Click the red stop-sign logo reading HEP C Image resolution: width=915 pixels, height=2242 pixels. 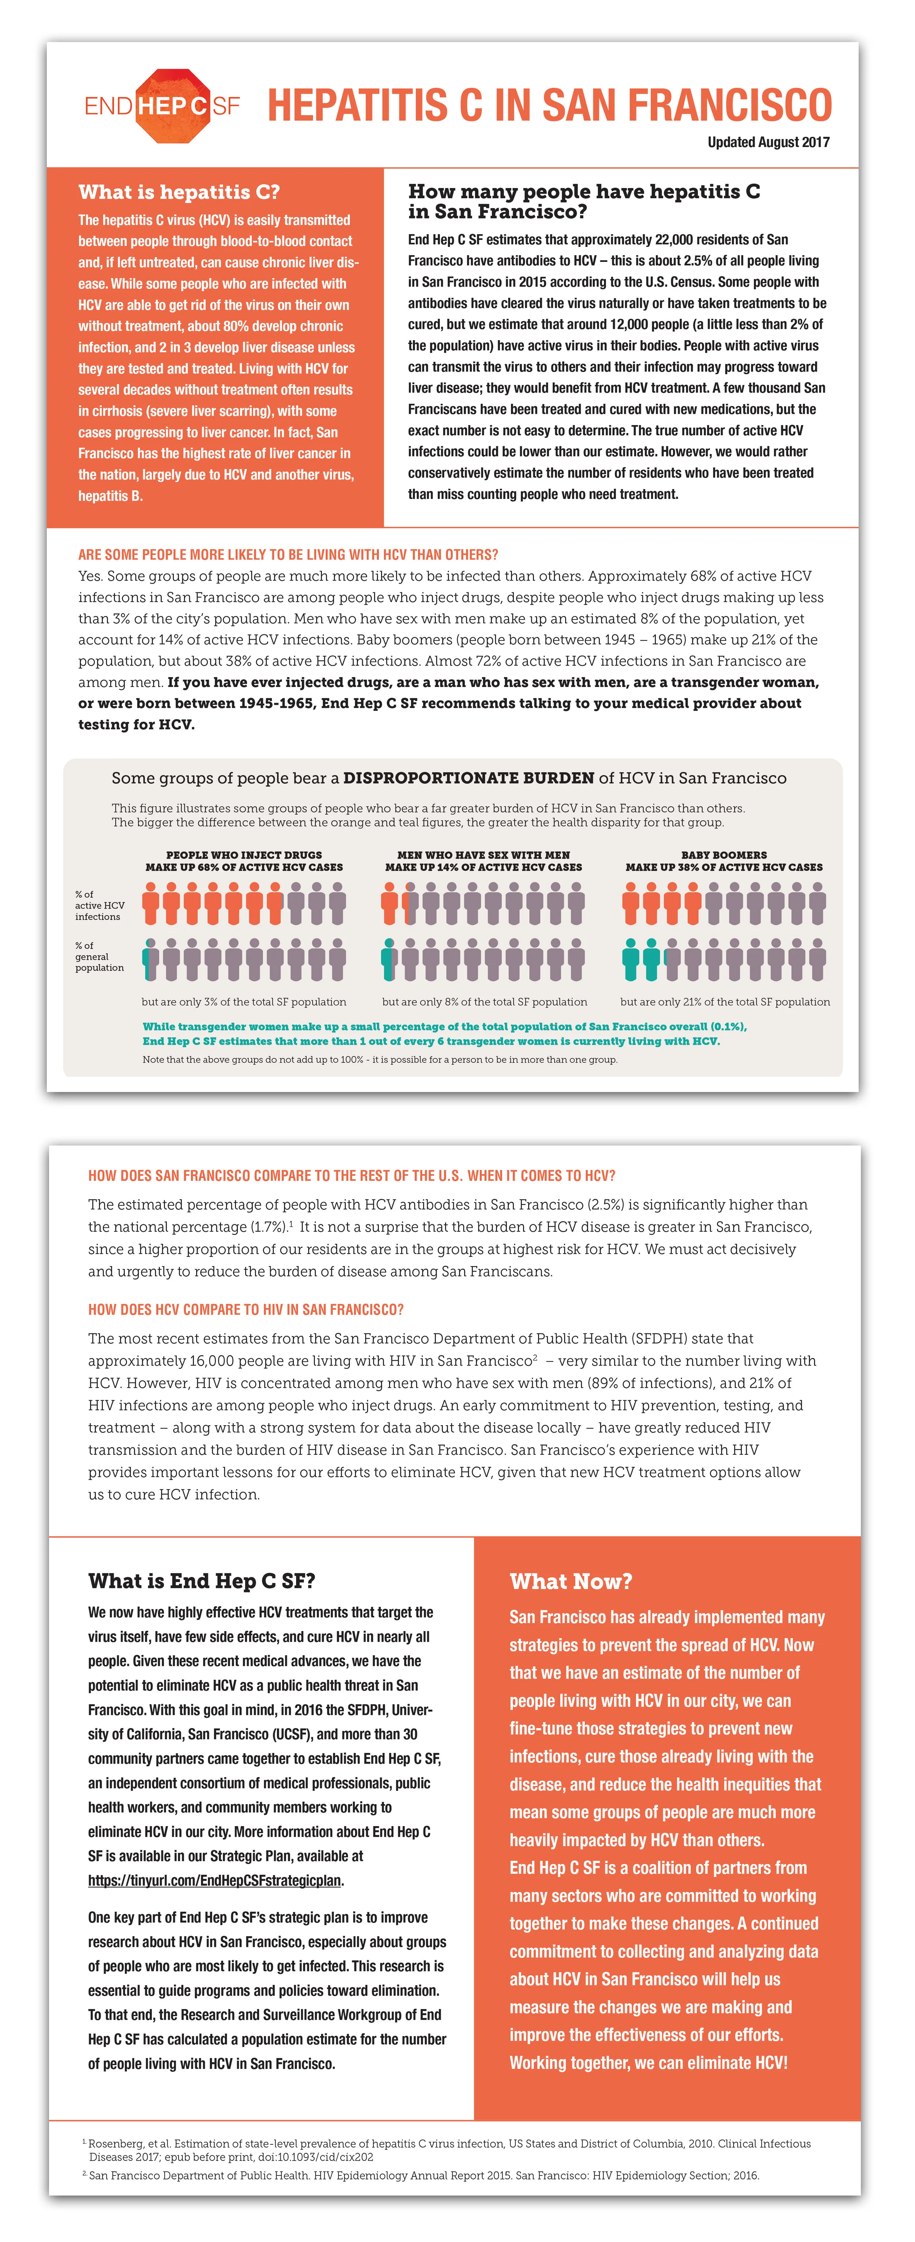[x=172, y=106]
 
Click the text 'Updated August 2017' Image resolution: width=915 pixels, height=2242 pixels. [x=768, y=142]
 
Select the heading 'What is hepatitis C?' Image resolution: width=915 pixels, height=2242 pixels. [x=179, y=192]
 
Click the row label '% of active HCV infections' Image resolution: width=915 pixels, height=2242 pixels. [x=98, y=905]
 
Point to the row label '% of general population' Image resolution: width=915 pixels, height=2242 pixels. [x=98, y=957]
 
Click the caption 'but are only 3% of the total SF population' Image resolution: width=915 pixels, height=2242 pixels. [x=244, y=1002]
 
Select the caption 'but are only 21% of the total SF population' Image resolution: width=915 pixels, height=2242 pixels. [x=724, y=1002]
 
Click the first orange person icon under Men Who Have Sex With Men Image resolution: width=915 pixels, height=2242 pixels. [x=389, y=904]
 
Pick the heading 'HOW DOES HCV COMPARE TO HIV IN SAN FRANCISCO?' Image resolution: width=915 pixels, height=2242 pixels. [x=246, y=1310]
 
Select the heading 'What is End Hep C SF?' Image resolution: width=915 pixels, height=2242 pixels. [x=201, y=1581]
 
